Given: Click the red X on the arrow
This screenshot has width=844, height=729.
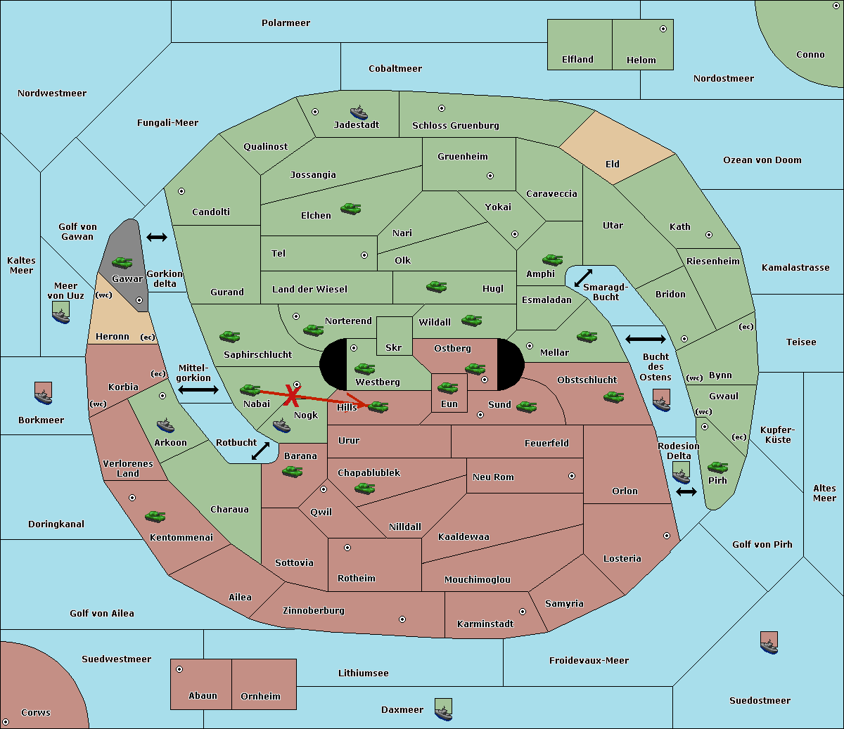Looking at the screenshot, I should click(x=290, y=396).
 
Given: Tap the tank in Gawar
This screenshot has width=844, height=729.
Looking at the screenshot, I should click(x=122, y=263).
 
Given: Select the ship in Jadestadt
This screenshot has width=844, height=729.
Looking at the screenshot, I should click(x=359, y=112).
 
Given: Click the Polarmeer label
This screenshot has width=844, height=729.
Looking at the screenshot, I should click(x=286, y=23).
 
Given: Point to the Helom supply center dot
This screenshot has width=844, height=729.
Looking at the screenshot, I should click(x=663, y=29).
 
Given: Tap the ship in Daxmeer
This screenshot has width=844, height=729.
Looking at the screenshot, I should click(x=443, y=709).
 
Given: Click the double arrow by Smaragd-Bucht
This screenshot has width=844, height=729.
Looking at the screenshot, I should click(x=583, y=278).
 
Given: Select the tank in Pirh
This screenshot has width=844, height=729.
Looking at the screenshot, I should click(x=717, y=467).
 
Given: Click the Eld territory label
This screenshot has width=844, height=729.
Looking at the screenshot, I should click(x=613, y=164).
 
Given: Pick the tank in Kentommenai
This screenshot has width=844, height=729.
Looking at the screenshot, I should click(x=155, y=517).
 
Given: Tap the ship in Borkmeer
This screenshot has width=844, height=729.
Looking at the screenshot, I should click(x=43, y=393).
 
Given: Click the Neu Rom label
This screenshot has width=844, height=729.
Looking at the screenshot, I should click(x=493, y=477).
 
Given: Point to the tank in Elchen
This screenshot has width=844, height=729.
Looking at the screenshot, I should click(x=350, y=208).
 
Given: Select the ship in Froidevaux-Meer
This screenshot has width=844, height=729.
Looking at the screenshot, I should click(x=769, y=642).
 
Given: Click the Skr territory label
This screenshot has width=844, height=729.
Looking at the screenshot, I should click(x=393, y=348).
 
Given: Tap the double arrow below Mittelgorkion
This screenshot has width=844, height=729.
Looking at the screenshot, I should click(x=198, y=389).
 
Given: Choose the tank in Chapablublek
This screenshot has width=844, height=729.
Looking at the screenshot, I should click(x=364, y=488).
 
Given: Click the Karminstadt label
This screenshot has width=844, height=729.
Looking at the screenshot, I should click(x=485, y=624).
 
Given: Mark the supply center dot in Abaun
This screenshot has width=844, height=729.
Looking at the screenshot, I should click(x=179, y=669).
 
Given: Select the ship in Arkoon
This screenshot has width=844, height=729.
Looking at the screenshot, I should click(x=165, y=425).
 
